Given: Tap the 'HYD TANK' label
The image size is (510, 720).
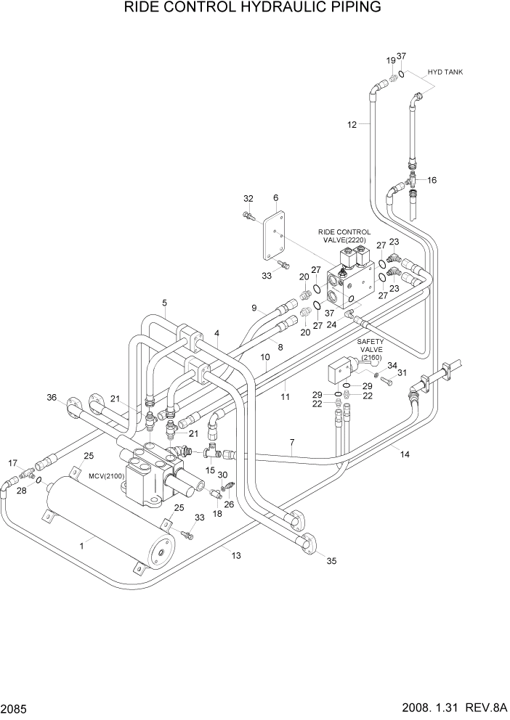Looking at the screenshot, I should [x=445, y=72].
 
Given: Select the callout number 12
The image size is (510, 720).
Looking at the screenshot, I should [x=352, y=125].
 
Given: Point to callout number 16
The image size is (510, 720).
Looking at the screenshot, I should [x=432, y=180].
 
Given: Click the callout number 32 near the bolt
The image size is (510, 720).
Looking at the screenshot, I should [x=248, y=198].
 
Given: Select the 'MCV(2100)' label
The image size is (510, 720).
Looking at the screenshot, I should [x=102, y=475].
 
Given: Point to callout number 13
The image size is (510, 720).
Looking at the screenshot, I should [x=236, y=555].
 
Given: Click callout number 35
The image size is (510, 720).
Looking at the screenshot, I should [x=332, y=560].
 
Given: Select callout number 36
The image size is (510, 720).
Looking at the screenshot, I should [x=52, y=397].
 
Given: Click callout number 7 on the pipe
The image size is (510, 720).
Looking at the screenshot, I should [x=291, y=443].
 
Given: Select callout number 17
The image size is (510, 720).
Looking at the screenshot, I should [x=12, y=462].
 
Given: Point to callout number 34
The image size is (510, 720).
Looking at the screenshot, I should [x=392, y=365].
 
